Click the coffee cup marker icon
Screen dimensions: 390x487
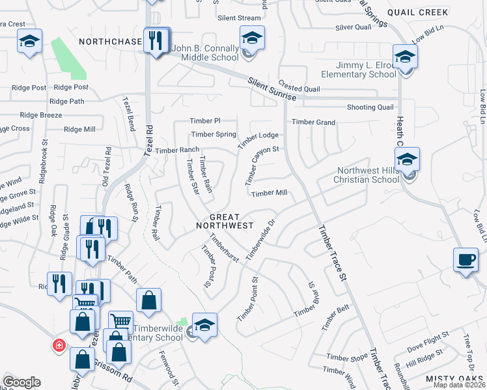point(466,261)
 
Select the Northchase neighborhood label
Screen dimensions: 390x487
point(110,42)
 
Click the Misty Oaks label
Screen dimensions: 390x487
point(455,379)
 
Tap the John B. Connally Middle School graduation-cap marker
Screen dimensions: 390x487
point(252,39)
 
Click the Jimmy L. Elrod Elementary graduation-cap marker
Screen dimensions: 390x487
point(405,57)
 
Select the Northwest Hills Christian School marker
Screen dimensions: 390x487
point(407,160)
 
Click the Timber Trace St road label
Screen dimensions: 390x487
point(331,253)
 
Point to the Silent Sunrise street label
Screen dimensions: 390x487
point(271,89)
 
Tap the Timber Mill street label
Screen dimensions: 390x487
point(270,193)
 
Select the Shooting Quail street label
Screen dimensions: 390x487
point(370,107)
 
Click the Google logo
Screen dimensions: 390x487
point(21,382)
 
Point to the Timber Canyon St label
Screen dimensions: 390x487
point(262,163)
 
